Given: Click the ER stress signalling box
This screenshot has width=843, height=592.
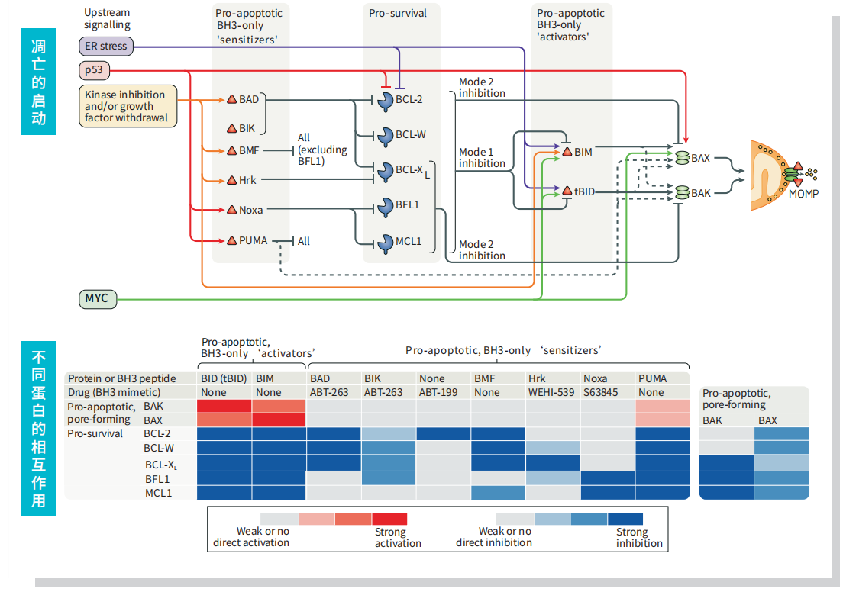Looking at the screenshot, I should point(106,47).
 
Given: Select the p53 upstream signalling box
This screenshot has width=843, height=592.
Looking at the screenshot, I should point(94,71).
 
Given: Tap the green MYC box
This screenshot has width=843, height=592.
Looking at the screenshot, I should point(98,298).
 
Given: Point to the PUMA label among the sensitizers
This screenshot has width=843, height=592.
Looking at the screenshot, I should point(253,241).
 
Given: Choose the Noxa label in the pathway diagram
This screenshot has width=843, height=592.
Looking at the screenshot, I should point(250,210).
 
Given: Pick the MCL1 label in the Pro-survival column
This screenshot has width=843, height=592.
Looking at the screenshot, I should point(409,242).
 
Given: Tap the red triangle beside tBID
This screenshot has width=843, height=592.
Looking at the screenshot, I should point(567,191).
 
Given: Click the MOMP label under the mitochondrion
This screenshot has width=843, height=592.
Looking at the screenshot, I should point(803,194).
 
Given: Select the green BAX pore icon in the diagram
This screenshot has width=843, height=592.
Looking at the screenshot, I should point(681,158).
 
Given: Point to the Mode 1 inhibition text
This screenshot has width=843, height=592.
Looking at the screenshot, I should point(482,158).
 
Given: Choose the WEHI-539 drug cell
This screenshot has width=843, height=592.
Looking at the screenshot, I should point(551,392).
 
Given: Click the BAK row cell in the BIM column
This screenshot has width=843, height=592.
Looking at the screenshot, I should point(279,407).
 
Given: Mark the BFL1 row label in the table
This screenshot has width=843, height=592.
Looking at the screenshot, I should point(158,479).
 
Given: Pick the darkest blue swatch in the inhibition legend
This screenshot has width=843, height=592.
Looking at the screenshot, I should point(625,519).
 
